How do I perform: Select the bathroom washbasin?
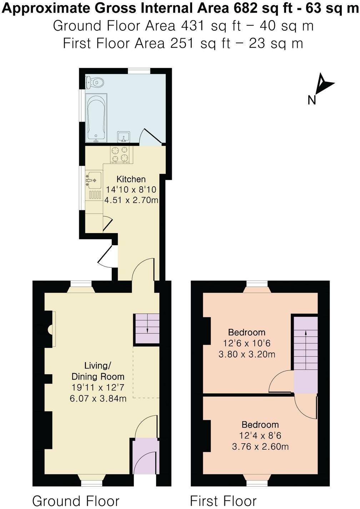coord(124,137)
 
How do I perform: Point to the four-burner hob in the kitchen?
coord(120,154)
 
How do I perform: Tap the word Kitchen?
coord(131,179)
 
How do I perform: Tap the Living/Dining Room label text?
coord(98,371)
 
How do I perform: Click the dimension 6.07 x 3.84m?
coord(98,398)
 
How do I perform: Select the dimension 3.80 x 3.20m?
coord(247,355)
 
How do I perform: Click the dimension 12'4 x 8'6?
coord(260,436)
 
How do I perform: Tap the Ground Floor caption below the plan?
coord(76,501)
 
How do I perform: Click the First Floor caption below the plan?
coord(223,501)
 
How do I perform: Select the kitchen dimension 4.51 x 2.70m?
coord(131,200)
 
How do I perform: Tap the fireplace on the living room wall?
coord(52,329)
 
